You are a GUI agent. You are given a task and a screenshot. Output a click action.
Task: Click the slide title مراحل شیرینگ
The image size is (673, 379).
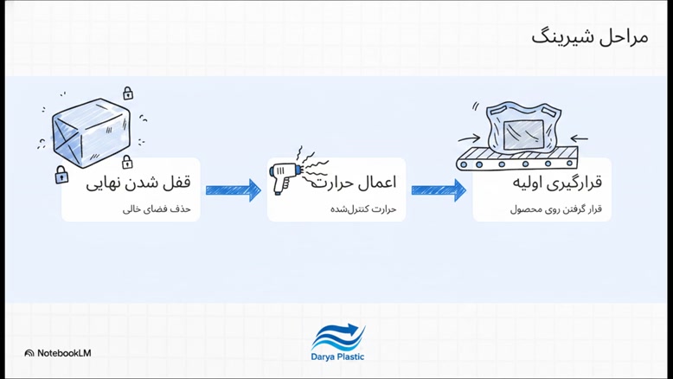[x=590, y=37]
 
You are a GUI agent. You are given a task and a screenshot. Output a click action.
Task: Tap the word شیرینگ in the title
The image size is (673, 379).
[x=560, y=38]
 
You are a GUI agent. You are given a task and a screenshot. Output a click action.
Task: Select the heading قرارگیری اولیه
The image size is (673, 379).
[x=558, y=183]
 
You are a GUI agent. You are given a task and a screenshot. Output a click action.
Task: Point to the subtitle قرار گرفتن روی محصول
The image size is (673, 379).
[x=556, y=209]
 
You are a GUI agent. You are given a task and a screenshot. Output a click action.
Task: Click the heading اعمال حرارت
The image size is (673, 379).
[x=353, y=183]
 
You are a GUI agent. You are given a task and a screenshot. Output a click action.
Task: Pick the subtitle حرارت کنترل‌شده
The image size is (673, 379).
[x=363, y=209]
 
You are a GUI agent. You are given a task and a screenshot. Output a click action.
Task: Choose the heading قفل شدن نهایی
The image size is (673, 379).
[x=138, y=183]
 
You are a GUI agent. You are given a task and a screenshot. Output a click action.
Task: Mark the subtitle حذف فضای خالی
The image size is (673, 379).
[x=157, y=209]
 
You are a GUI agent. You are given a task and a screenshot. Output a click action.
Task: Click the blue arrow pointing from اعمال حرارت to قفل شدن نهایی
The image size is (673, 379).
[x=233, y=190]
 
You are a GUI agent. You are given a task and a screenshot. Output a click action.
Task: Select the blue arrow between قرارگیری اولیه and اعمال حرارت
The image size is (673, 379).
[x=439, y=190]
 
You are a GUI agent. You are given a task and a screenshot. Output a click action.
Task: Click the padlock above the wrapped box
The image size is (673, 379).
[x=128, y=93]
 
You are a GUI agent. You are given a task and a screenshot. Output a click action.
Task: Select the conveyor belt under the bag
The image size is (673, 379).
[x=516, y=158]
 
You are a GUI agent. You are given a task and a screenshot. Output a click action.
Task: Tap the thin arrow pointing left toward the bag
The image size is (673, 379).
[x=579, y=138]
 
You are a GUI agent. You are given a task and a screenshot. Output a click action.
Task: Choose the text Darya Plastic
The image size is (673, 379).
[x=337, y=357]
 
